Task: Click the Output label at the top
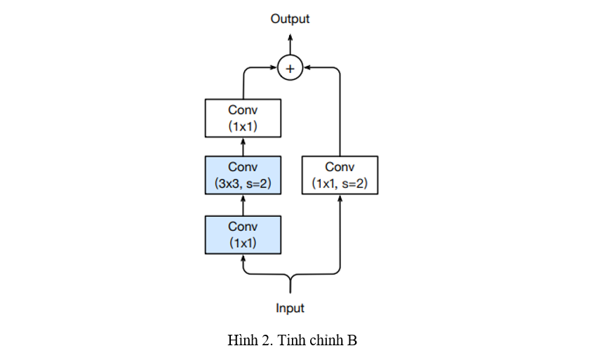click(x=290, y=19)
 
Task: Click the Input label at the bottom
click(x=290, y=308)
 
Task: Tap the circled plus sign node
click(x=290, y=68)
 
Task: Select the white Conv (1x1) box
click(x=243, y=118)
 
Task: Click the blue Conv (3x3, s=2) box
click(x=243, y=175)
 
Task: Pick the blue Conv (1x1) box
click(x=243, y=234)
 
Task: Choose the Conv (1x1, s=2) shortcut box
click(x=340, y=175)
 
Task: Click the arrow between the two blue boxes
click(x=243, y=205)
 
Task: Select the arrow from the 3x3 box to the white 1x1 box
click(x=243, y=147)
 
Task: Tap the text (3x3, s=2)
click(x=243, y=184)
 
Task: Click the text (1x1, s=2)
click(x=340, y=184)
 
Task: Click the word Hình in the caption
click(x=242, y=341)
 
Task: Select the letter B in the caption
click(x=352, y=341)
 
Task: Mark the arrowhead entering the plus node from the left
click(x=274, y=68)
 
